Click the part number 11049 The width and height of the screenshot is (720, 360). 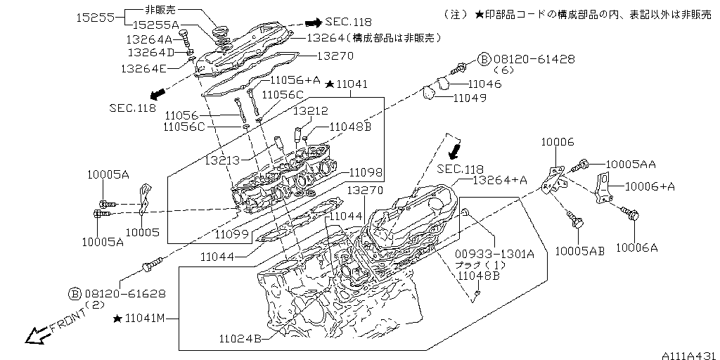(469, 98)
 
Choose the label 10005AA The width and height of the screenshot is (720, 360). (630, 164)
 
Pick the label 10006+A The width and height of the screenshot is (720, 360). (650, 186)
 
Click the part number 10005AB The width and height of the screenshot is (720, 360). (579, 250)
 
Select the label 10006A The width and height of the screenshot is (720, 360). (637, 247)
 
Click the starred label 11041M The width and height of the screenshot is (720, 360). (143, 319)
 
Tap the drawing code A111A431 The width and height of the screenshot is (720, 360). (688, 355)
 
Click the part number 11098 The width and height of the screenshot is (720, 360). (365, 172)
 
